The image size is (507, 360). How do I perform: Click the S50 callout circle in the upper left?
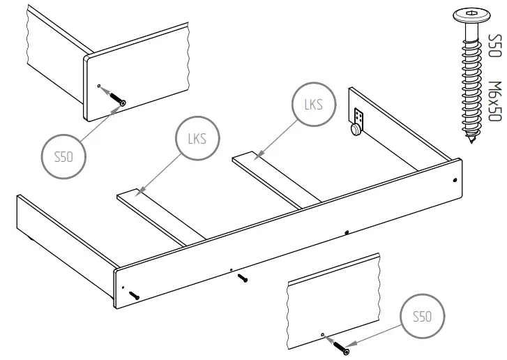point(63,156)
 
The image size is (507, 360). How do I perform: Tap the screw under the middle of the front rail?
point(242,278)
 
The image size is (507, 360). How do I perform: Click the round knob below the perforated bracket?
point(356,128)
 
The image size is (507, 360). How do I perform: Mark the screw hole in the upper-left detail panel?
point(99,87)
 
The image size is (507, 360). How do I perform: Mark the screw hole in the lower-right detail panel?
point(321,336)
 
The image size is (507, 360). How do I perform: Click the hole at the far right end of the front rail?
point(455,179)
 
